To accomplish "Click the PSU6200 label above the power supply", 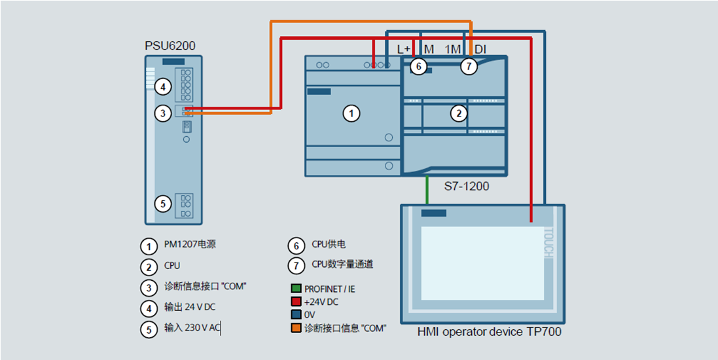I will click(170, 46).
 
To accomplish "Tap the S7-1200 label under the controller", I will click(467, 187).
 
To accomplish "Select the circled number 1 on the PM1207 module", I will click(351, 113).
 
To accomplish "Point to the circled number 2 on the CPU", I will click(459, 113).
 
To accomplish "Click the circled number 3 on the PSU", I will click(163, 113).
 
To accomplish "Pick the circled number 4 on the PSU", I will click(163, 86).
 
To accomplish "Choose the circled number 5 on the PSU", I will click(163, 204).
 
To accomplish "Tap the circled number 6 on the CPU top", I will click(419, 65).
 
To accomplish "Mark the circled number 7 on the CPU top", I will click(469, 65).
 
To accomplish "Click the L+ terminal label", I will click(404, 49).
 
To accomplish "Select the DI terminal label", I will click(480, 49).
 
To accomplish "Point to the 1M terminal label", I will click(453, 49).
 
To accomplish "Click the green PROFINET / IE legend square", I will click(296, 289).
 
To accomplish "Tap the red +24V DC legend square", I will click(296, 302).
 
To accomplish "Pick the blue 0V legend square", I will click(296, 315).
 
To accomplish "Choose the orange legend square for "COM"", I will click(296, 328).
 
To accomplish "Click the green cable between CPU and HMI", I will click(427, 190).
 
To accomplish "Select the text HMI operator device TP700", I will click(489, 332).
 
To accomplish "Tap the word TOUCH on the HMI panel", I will click(549, 243).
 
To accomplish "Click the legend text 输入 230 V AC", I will click(192, 328).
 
